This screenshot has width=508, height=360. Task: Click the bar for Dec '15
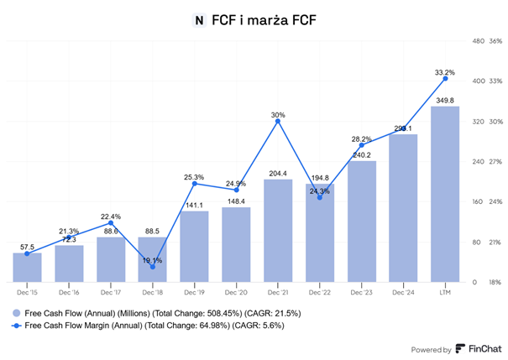pos(27,267)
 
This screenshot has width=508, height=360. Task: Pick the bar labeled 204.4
pos(278,230)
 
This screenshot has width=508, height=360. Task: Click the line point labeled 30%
pos(278,122)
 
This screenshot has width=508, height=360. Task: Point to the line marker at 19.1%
pos(152,267)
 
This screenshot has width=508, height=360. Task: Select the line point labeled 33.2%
pos(445,78)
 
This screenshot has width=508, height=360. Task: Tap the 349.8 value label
pos(445,100)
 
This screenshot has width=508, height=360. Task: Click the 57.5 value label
pos(27,247)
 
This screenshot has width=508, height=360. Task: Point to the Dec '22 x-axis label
pos(319,292)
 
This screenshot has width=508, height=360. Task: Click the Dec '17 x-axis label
pos(110,292)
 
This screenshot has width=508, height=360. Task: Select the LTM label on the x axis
pos(445,292)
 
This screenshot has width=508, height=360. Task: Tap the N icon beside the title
pos(199,18)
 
